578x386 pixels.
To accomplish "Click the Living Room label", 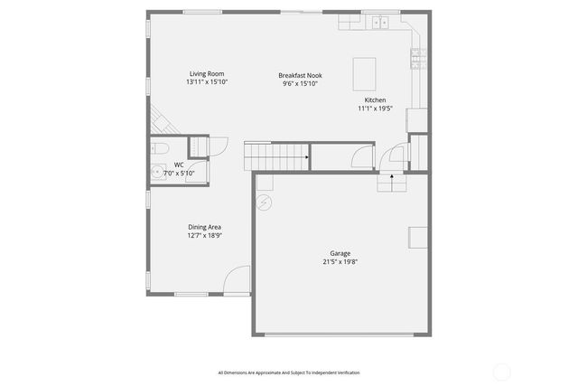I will click(x=207, y=74).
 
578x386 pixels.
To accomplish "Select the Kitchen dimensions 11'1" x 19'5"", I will click(x=376, y=108).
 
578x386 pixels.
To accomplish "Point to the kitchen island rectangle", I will click(x=365, y=71).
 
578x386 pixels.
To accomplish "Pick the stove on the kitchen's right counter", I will click(x=418, y=59).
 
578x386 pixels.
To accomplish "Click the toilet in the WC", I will click(x=159, y=148).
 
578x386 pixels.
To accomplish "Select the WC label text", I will click(x=179, y=165).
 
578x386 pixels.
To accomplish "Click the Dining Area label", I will click(x=204, y=227).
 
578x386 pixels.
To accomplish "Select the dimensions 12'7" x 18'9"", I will click(x=204, y=235).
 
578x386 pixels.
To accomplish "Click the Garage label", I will click(x=340, y=254).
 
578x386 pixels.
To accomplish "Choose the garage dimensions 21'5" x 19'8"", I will click(x=340, y=262).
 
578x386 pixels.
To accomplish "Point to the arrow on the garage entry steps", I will click(x=391, y=177).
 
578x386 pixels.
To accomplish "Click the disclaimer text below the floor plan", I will click(x=288, y=372).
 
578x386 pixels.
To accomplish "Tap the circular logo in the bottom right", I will click(x=501, y=371).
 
